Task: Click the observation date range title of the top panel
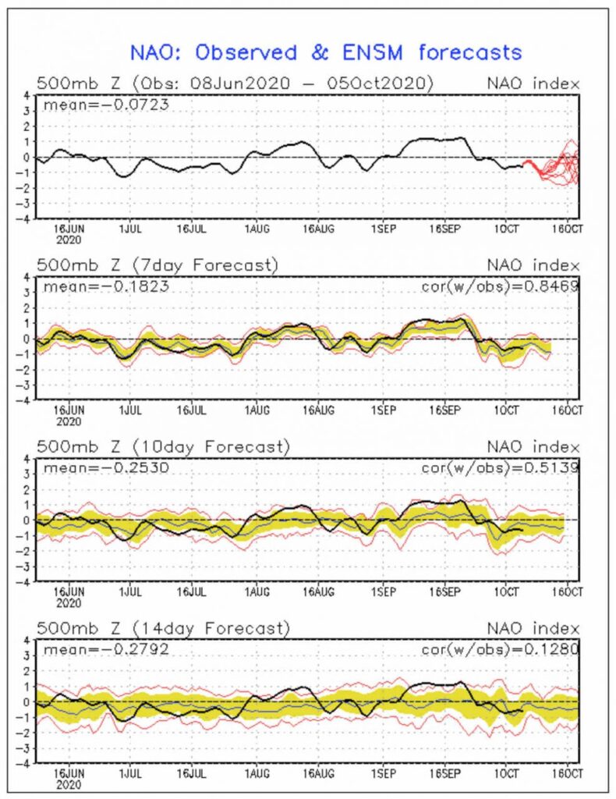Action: [234, 83]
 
